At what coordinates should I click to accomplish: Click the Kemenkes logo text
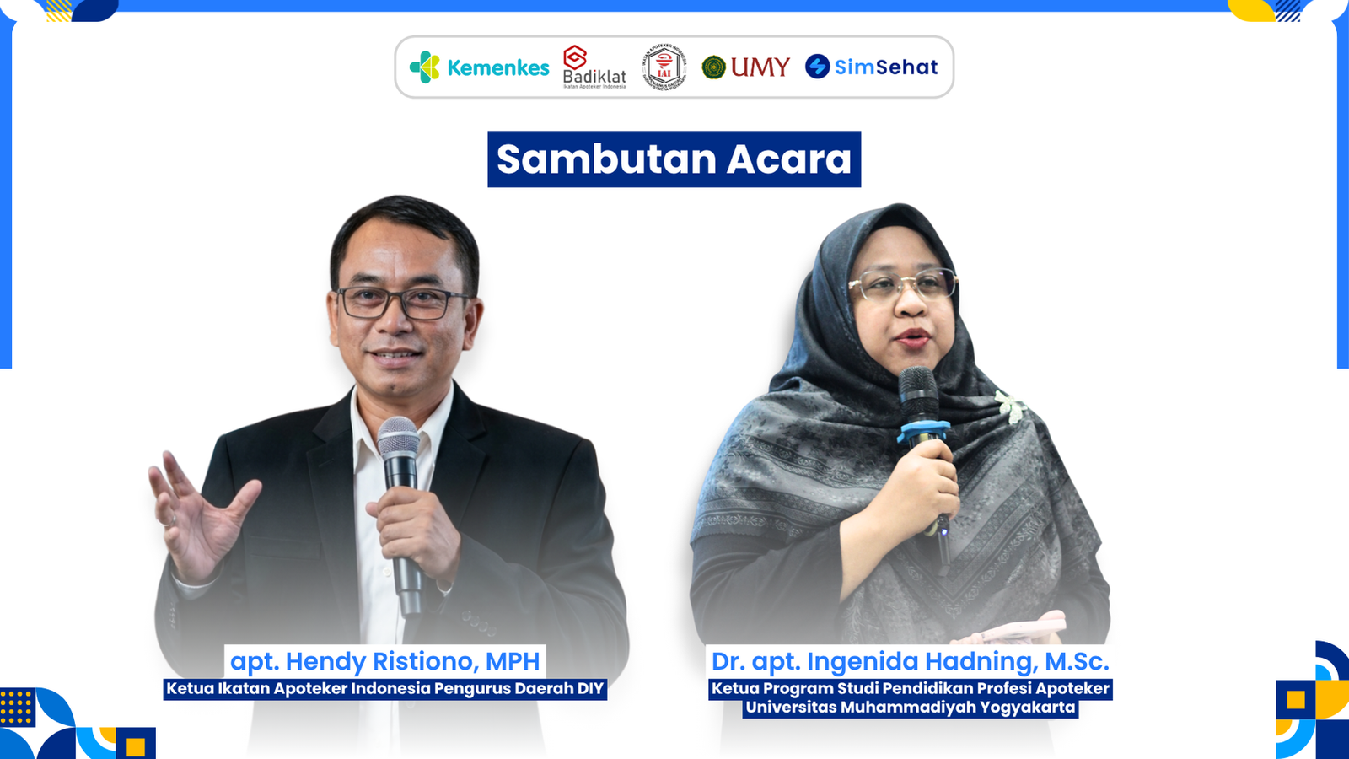coord(497,67)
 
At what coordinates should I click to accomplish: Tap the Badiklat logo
coord(594,67)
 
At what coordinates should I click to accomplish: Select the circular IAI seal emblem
coord(664,67)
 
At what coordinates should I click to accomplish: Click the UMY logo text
coord(759,67)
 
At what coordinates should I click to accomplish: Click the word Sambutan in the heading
coord(605,159)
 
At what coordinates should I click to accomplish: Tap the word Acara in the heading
coord(788,159)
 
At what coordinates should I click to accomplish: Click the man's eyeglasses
coord(402,303)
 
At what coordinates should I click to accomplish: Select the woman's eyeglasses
coord(903,285)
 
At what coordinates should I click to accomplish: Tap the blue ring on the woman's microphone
coord(922,433)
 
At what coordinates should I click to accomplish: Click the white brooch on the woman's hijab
coord(1010,406)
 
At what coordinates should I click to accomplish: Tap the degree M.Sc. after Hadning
coord(1077,661)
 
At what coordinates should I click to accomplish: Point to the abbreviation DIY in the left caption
coord(590,688)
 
